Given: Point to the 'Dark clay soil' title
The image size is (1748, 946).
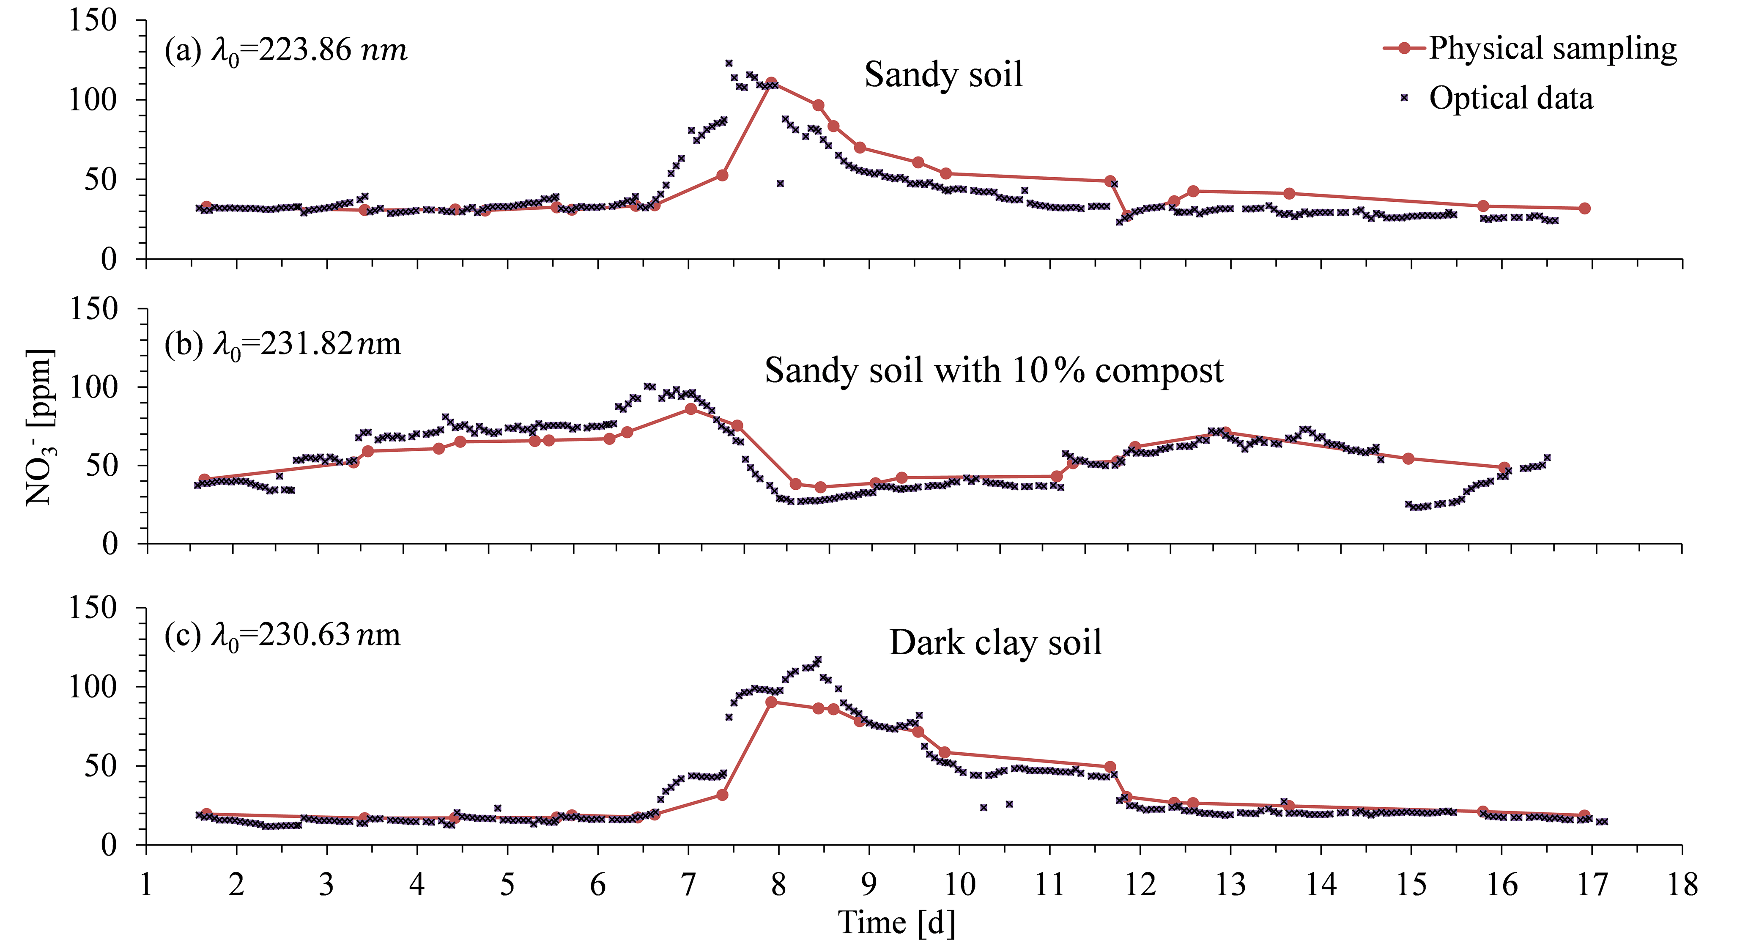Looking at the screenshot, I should (x=995, y=643).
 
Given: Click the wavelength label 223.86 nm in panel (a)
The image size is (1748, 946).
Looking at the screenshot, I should (x=286, y=51).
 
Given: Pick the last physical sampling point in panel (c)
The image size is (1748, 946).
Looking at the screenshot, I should (x=1584, y=815).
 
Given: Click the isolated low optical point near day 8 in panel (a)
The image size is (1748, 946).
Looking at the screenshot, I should (x=781, y=183).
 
